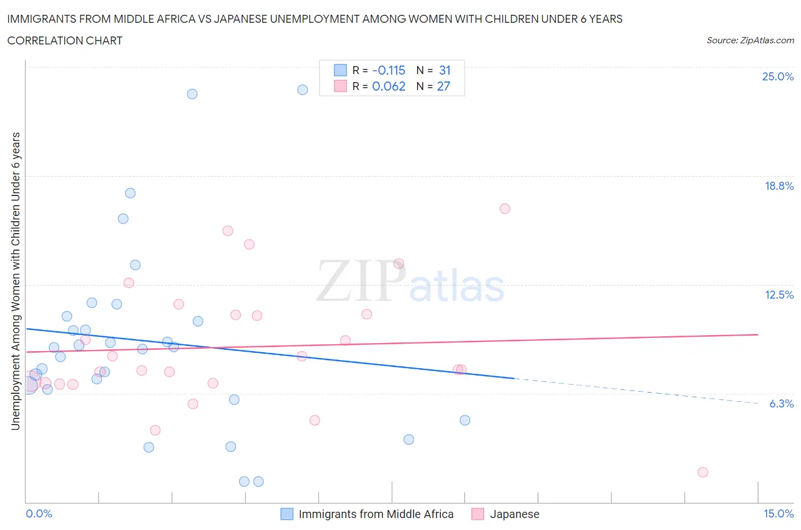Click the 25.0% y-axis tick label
[x=778, y=76]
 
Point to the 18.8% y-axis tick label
[x=779, y=186]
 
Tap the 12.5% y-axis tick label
[x=779, y=295]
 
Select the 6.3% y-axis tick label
[x=781, y=403]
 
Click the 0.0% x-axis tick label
[x=39, y=513]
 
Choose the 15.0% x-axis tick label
[x=778, y=513]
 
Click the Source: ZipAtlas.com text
[x=750, y=40]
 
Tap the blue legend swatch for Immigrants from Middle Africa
[x=287, y=514]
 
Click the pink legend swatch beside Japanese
[x=477, y=514]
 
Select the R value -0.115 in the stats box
[x=389, y=70]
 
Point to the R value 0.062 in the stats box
[x=389, y=86]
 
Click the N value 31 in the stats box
[x=444, y=70]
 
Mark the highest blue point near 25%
[x=303, y=89]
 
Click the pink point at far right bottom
[x=702, y=472]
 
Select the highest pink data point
[x=504, y=209]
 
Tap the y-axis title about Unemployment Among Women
[x=15, y=281]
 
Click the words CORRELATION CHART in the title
[x=64, y=40]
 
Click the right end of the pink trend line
[x=757, y=335]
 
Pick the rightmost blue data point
[x=465, y=420]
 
